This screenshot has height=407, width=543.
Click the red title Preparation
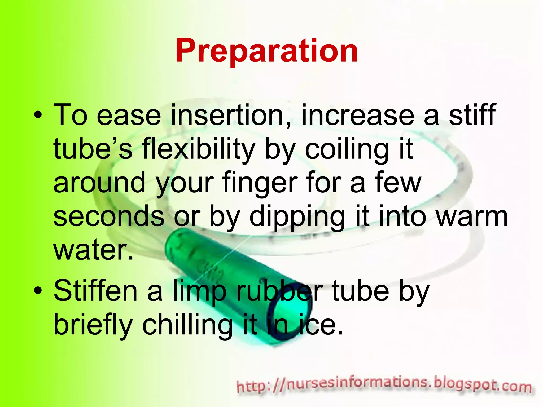[266, 51]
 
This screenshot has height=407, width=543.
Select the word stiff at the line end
[472, 115]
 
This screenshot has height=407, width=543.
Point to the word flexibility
[199, 150]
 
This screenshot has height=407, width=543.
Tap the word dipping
[297, 217]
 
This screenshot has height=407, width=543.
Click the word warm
[472, 217]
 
